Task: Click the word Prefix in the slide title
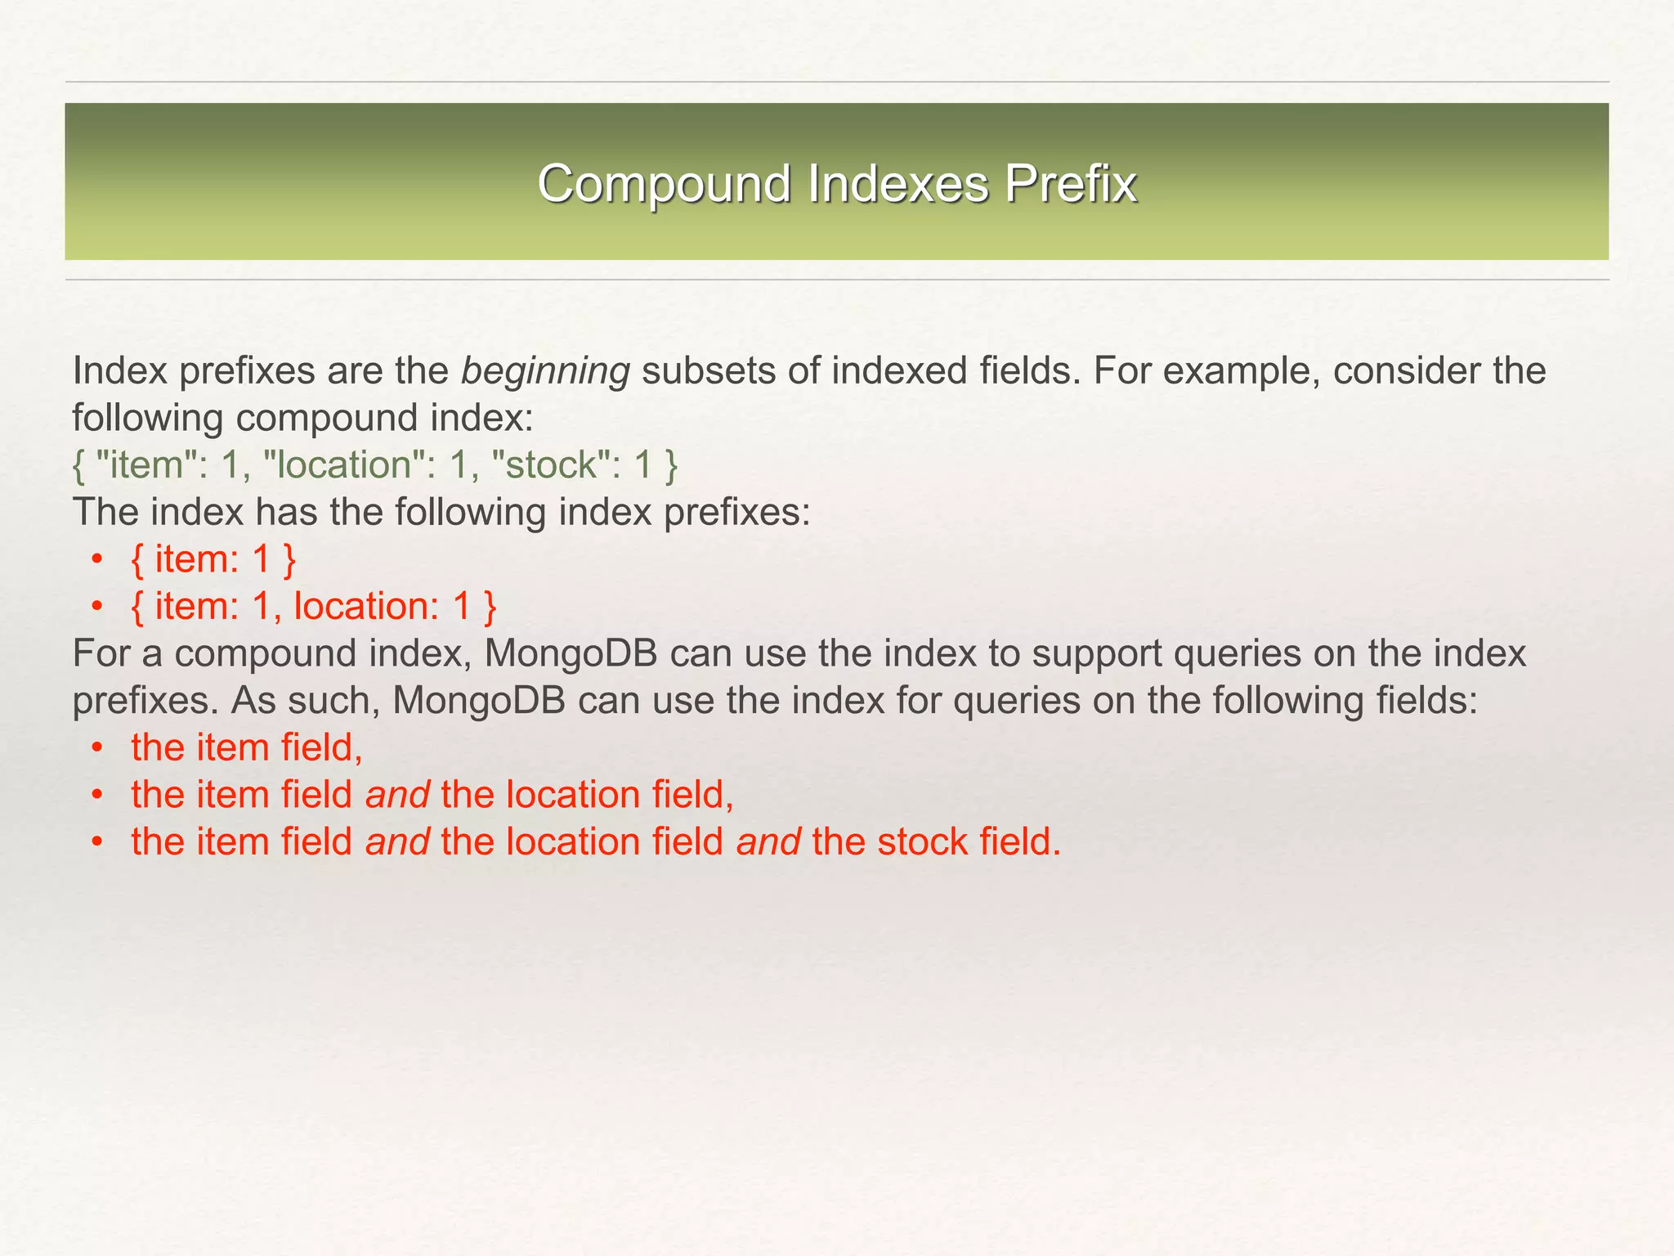point(1070,183)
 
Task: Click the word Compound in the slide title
point(664,183)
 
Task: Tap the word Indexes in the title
point(897,183)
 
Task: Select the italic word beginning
point(545,372)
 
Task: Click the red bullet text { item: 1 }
point(213,560)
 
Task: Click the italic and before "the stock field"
point(768,842)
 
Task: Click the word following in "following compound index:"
point(147,419)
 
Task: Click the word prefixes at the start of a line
point(144,702)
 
